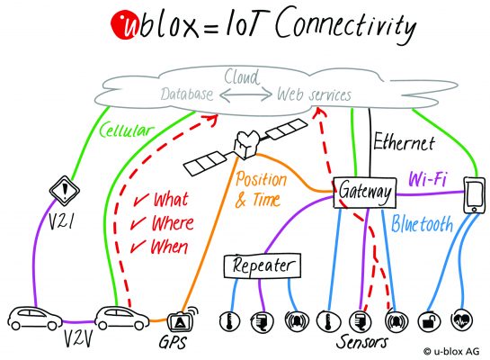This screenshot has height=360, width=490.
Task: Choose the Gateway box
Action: click(365, 192)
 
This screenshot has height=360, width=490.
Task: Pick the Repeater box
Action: click(262, 265)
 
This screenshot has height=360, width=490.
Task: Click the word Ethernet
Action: click(405, 142)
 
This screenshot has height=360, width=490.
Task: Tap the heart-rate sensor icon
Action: click(461, 319)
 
